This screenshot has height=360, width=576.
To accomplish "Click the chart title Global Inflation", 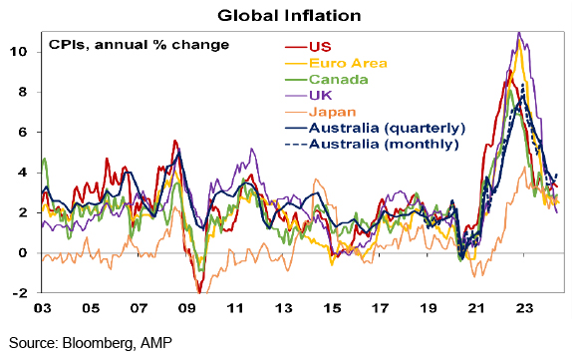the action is point(289,16).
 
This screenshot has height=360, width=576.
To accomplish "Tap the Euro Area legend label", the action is point(348,63).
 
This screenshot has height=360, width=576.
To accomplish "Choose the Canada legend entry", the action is point(339,80).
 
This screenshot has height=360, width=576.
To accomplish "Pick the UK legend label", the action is point(320,96).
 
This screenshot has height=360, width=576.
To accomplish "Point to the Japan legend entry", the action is point(333,112).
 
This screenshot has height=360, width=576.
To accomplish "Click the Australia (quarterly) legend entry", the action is point(388,128).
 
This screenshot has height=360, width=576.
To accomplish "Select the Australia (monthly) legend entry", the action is point(384,145).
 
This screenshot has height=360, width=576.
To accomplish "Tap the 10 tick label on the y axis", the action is point(19,52).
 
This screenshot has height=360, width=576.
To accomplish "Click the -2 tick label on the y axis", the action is point(20,293).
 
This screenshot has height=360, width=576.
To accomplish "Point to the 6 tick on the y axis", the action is point(23,132).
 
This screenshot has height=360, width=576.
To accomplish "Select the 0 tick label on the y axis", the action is point(23,253).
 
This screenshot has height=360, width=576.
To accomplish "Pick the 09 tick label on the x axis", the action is point(187,308).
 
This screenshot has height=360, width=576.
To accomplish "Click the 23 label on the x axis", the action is point(524,308).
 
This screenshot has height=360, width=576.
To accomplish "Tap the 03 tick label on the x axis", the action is point(42,308).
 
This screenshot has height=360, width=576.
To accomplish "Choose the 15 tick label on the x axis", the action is point(332,308).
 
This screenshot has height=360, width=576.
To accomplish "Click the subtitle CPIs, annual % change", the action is point(139,45).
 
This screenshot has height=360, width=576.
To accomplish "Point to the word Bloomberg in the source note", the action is point(98,343).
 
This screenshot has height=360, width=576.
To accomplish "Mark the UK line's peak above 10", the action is point(518,33).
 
